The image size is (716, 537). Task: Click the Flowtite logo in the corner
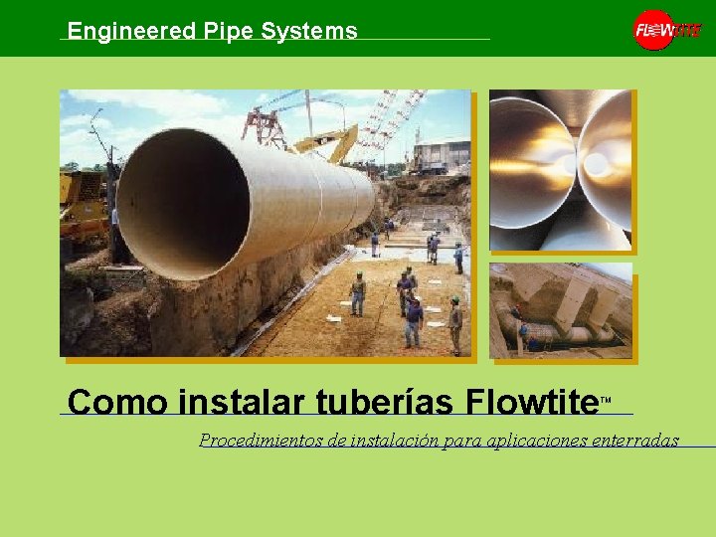pos(666,30)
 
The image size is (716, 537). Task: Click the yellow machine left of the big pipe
pos(82,209)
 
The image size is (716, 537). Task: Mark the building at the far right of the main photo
pos(443,156)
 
